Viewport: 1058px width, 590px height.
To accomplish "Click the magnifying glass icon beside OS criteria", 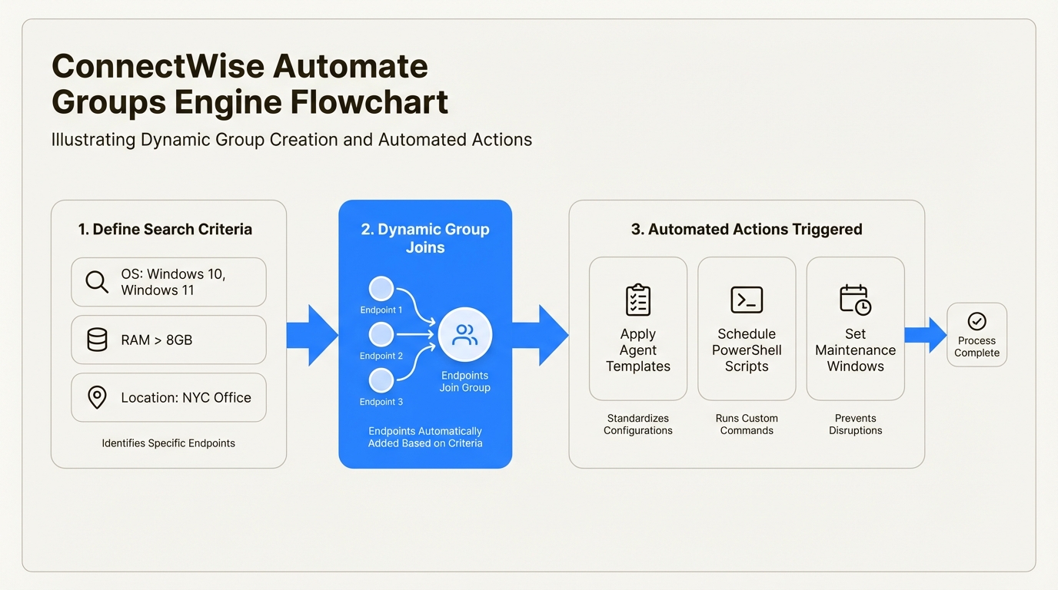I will coord(97,282).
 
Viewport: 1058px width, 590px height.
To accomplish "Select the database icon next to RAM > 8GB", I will coord(97,340).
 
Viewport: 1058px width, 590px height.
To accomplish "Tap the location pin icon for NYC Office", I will coord(97,397).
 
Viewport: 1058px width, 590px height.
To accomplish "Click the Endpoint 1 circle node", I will coord(381,289).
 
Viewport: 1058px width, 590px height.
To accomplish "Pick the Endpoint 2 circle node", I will coord(381,335).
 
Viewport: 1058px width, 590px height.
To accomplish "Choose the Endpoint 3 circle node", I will coord(381,380).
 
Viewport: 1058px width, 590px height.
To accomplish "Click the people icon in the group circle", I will coord(464,335).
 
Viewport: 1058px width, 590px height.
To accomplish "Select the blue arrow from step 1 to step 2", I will coord(313,335).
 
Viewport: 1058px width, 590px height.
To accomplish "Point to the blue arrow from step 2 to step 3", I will coord(541,335).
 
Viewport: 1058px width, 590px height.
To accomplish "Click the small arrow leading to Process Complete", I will coord(926,335).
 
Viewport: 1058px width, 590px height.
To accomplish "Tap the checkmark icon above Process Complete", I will coord(976,321).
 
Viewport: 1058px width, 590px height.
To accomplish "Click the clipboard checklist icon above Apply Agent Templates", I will coord(637,300).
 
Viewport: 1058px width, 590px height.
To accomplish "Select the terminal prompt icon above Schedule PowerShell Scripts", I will coord(747,300).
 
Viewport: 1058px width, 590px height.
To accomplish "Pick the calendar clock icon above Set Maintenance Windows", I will coord(855,300).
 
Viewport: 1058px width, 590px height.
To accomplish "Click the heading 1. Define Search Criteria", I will coord(165,229).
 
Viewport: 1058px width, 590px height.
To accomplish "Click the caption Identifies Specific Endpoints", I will coord(168,443).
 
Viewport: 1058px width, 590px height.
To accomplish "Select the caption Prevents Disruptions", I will coord(855,424).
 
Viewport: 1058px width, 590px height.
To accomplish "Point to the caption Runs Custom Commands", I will coord(747,424).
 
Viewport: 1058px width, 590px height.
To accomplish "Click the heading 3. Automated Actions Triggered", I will coord(746,229).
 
